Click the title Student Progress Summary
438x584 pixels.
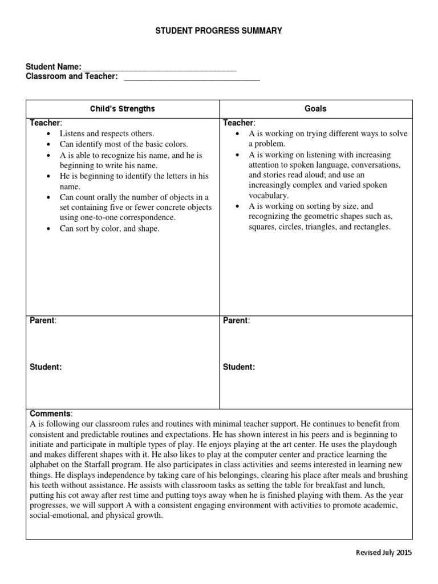pos(219,30)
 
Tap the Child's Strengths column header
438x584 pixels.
pos(123,108)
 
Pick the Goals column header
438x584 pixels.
pos(315,108)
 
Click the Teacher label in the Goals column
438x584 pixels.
pos(238,123)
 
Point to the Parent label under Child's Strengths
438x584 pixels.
pos(42,321)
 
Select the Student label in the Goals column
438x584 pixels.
pos(238,367)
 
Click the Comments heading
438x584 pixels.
pos(51,413)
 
